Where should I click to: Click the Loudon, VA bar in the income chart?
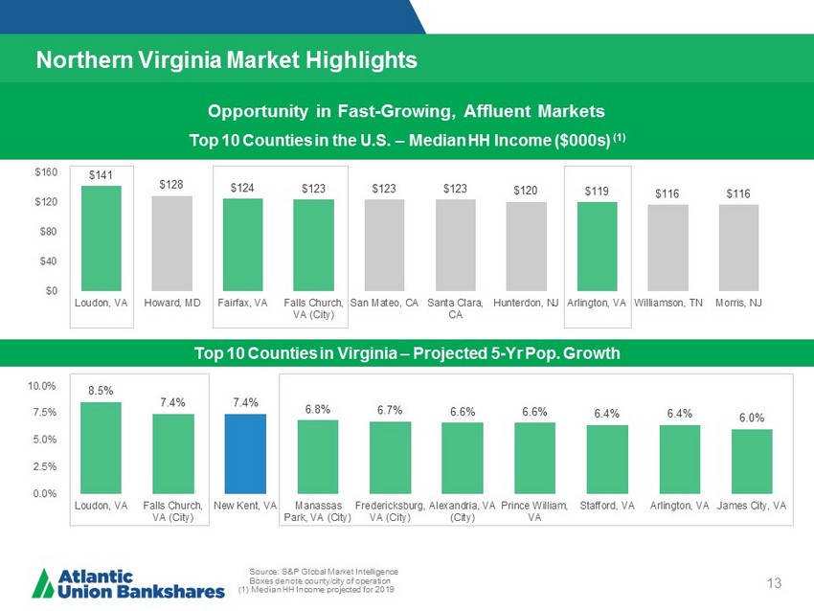pyautogui.click(x=101, y=238)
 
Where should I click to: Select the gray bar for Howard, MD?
pyautogui.click(x=172, y=243)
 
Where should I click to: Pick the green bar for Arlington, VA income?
pyautogui.click(x=597, y=246)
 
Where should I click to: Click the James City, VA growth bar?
pyautogui.click(x=752, y=461)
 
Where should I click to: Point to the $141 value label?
pyautogui.click(x=101, y=175)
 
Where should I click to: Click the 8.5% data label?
pyautogui.click(x=101, y=391)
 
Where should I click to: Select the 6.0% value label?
pyautogui.click(x=752, y=419)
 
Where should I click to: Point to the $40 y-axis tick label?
pyautogui.click(x=47, y=260)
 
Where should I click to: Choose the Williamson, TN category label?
pyautogui.click(x=668, y=303)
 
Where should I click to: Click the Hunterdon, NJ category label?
pyautogui.click(x=526, y=303)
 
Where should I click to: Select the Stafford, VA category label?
pyautogui.click(x=606, y=505)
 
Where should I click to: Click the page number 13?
pyautogui.click(x=776, y=584)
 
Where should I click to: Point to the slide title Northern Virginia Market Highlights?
pyautogui.click(x=226, y=60)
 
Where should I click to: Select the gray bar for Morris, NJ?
pyautogui.click(x=738, y=247)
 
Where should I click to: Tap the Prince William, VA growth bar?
pyautogui.click(x=534, y=458)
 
